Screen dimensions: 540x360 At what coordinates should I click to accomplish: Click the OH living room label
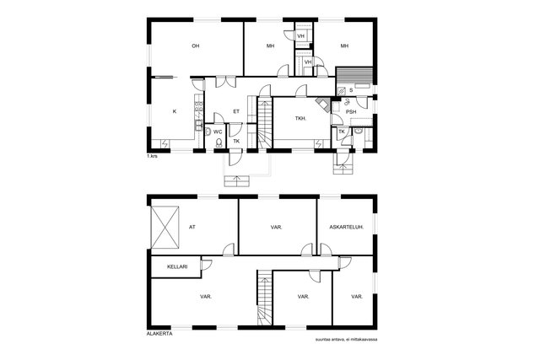point(195,46)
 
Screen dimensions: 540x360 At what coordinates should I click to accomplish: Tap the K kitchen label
point(175,111)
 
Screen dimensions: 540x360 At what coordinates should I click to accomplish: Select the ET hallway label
point(236,111)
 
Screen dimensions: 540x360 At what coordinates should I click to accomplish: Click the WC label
point(218,132)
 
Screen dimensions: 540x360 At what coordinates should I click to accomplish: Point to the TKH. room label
point(300,118)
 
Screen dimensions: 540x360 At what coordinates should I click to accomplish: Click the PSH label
point(351,112)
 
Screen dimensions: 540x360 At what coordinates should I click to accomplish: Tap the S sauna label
point(351,90)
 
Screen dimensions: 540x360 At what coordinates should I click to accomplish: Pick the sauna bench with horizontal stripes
point(354,75)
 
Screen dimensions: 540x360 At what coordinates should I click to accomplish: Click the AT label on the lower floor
point(192,227)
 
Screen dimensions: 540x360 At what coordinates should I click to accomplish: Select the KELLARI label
point(177,266)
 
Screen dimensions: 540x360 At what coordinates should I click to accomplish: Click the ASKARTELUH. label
point(347,227)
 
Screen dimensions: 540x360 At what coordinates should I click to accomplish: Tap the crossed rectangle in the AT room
point(165,227)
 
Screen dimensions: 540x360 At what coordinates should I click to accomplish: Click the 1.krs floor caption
point(152,156)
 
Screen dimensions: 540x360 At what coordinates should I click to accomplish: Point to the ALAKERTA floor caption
point(159,334)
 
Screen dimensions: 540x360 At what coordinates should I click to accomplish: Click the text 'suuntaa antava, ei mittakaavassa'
point(346,340)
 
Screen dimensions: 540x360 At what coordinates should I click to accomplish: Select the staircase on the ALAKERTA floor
point(265,298)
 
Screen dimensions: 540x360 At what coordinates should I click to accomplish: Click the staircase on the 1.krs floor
point(265,124)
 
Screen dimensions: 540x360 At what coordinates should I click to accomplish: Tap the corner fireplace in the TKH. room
point(323,104)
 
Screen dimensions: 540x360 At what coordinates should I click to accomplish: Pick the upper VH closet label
point(300,35)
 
